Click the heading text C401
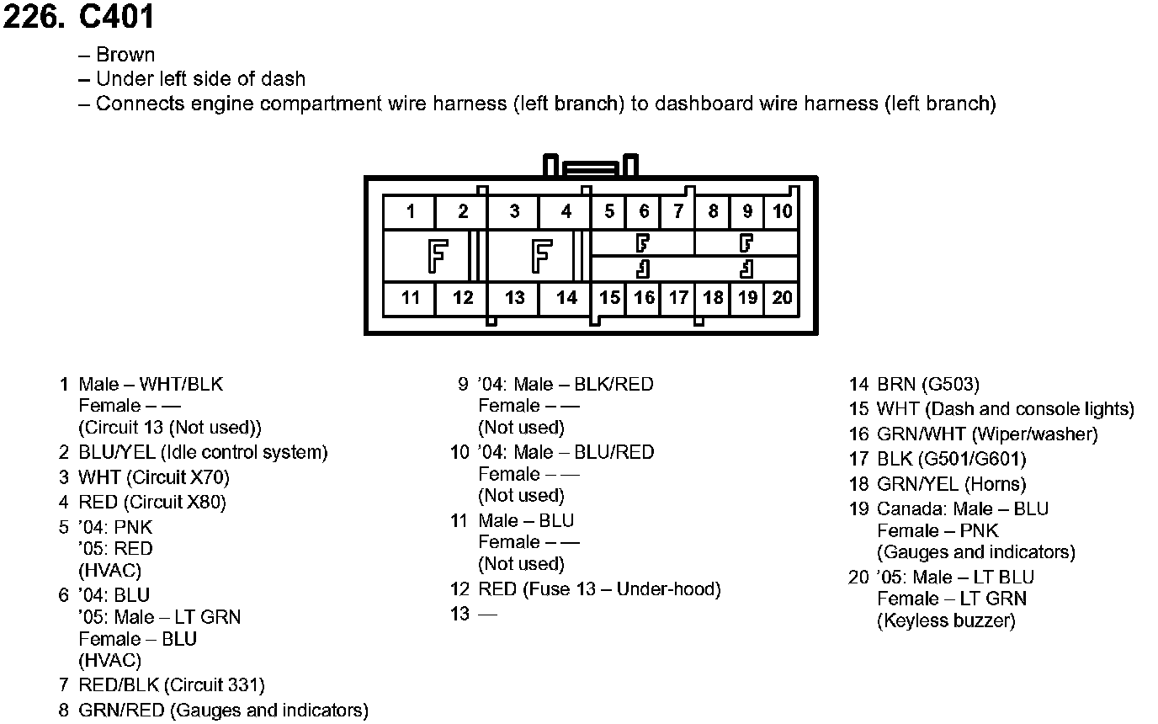point(115,17)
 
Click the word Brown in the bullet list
point(125,55)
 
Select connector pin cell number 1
point(410,211)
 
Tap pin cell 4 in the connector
point(566,211)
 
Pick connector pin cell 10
point(783,211)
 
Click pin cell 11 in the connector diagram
point(410,297)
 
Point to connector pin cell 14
point(566,297)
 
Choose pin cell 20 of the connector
point(783,297)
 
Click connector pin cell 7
point(678,211)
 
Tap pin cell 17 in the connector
point(678,297)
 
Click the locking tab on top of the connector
point(591,166)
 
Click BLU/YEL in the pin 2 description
point(116,453)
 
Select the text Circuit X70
point(178,478)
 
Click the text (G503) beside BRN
point(950,385)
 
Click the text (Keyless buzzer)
point(946,621)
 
